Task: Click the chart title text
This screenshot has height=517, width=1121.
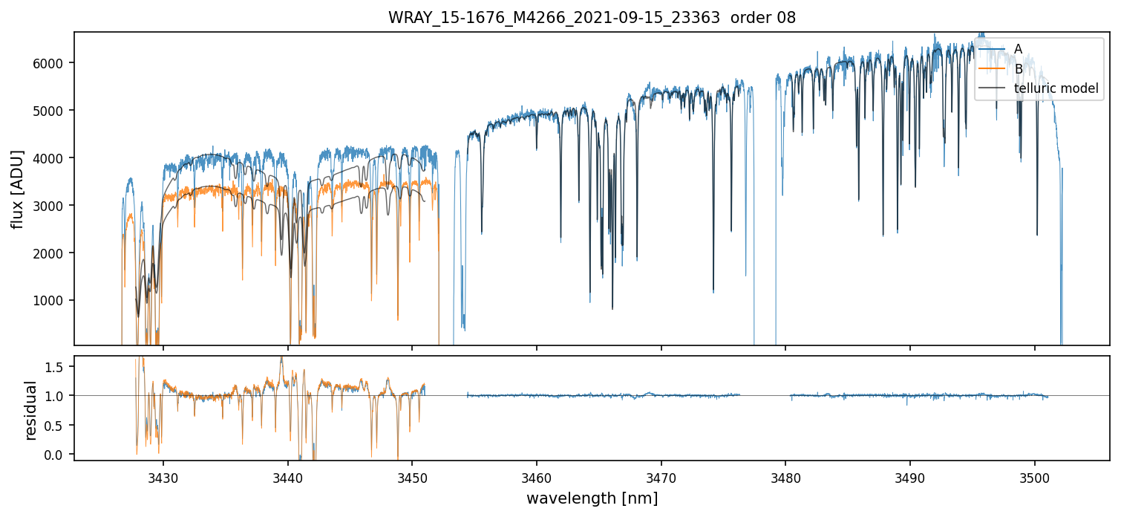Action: [592, 18]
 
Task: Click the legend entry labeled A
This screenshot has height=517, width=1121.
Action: [1018, 49]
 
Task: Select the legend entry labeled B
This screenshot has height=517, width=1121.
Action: [1018, 69]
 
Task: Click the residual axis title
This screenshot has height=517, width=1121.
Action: [31, 410]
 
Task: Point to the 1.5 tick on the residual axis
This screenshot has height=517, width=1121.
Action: [59, 366]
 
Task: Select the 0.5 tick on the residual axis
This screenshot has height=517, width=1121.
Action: [59, 425]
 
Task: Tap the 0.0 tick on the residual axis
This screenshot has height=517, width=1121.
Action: [59, 455]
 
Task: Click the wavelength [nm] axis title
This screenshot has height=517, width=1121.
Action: [592, 498]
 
